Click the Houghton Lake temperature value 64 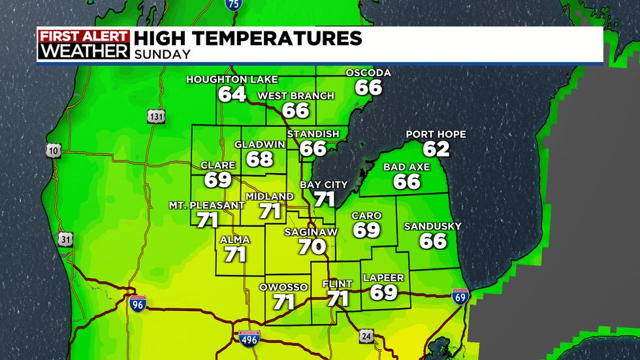tap(232, 94)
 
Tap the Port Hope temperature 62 tap(436, 148)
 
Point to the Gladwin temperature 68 tap(260, 159)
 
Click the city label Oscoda tap(368, 73)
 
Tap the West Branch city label tap(296, 96)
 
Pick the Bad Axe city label tap(407, 167)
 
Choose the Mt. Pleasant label tap(207, 205)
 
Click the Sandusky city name tap(433, 226)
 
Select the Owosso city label tap(283, 287)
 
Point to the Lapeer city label tap(384, 278)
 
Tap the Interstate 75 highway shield tap(232, 5)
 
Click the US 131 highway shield tap(156, 116)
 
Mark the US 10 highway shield tap(54, 150)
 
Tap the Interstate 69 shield tap(460, 297)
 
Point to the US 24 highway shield tap(366, 336)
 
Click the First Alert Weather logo tap(84, 45)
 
